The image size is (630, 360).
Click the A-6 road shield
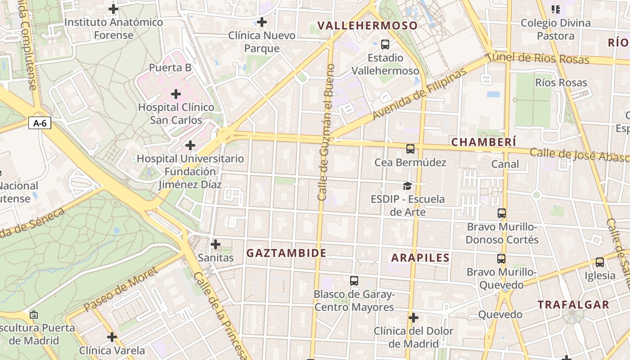tap(40, 123)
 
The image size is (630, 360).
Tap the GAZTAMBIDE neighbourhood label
tap(286, 253)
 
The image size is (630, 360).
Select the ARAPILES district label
tap(420, 258)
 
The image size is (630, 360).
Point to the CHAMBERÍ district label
tap(484, 142)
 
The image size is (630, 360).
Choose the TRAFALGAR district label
tap(573, 305)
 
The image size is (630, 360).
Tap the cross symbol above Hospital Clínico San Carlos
tap(176, 94)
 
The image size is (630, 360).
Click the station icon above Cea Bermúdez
tap(410, 149)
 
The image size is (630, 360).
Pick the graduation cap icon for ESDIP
tap(407, 186)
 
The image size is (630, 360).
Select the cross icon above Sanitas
tap(216, 244)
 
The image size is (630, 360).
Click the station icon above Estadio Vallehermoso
tap(385, 45)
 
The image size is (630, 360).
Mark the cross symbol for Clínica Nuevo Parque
tap(261, 22)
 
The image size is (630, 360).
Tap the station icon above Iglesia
tap(599, 262)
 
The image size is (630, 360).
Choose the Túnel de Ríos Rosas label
tap(538, 58)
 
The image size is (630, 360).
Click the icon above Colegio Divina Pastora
tap(555, 9)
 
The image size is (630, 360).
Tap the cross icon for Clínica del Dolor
tap(413, 318)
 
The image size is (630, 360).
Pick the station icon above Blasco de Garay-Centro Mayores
tap(354, 281)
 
